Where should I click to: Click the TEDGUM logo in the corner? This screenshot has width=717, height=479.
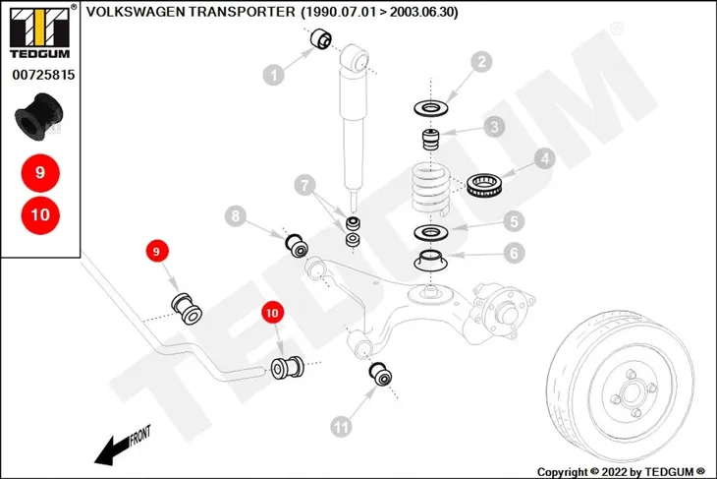(x=40, y=31)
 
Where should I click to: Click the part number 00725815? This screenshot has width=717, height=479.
(x=43, y=75)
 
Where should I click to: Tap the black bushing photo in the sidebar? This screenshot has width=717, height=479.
(x=38, y=117)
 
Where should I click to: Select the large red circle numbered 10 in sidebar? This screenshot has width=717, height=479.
(x=40, y=214)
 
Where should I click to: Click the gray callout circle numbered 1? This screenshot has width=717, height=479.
(x=274, y=75)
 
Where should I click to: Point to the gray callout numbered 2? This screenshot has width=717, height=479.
(x=481, y=62)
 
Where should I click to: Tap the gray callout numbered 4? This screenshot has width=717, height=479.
(x=544, y=158)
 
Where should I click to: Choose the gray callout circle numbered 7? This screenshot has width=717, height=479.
(x=305, y=185)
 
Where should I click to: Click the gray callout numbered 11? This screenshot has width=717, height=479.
(x=341, y=427)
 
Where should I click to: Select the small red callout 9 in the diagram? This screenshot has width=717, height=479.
(x=157, y=252)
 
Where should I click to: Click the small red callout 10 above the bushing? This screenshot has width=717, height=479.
(x=272, y=313)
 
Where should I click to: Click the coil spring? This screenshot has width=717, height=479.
(x=431, y=189)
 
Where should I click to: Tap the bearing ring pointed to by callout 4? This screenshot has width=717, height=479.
(x=484, y=186)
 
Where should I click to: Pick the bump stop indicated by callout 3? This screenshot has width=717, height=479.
(x=430, y=140)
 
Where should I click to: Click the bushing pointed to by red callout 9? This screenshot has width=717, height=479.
(x=187, y=308)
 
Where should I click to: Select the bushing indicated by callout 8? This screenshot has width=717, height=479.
(x=297, y=246)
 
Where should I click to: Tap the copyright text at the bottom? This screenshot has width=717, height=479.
(x=621, y=472)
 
